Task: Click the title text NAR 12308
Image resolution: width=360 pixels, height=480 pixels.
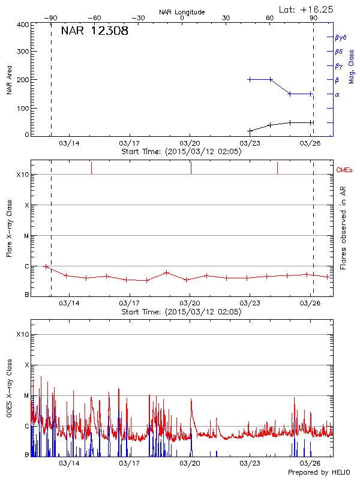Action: click(x=95, y=32)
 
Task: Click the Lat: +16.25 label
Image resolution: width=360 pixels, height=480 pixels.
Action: click(x=307, y=9)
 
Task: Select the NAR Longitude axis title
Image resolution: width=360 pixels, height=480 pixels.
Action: click(x=182, y=12)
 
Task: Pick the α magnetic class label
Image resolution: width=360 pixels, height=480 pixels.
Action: click(x=337, y=94)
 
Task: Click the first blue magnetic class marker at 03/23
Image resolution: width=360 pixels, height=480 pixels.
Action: click(x=250, y=79)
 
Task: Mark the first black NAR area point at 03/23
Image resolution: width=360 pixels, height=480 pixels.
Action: click(x=250, y=131)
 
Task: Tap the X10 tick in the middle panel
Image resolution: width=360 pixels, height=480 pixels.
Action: click(x=23, y=175)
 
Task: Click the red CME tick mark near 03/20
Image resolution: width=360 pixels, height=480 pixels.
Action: click(x=191, y=168)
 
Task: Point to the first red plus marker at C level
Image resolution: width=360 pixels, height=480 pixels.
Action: click(x=46, y=266)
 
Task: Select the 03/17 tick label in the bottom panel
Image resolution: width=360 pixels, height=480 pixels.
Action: click(x=129, y=463)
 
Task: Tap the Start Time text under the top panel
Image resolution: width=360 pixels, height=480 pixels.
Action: click(x=181, y=152)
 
